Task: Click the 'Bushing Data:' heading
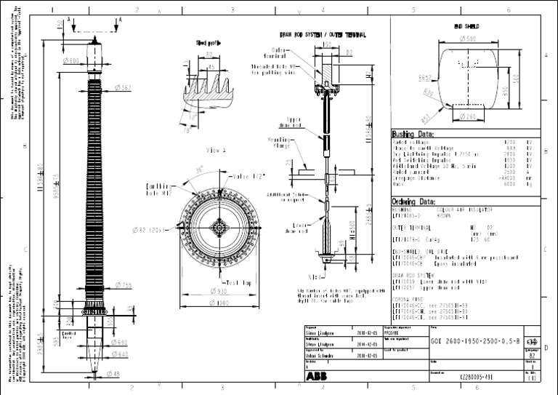[413, 135]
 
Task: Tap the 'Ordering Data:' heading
[414, 202]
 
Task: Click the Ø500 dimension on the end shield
[468, 38]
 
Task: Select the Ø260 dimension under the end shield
[468, 116]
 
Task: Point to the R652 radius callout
[425, 76]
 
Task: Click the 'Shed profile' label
[209, 43]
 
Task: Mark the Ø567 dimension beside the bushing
[123, 87]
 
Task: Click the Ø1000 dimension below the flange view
[218, 303]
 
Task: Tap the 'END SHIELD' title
[468, 25]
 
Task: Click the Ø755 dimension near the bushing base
[122, 284]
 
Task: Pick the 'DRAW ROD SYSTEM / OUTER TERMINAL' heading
[323, 34]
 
